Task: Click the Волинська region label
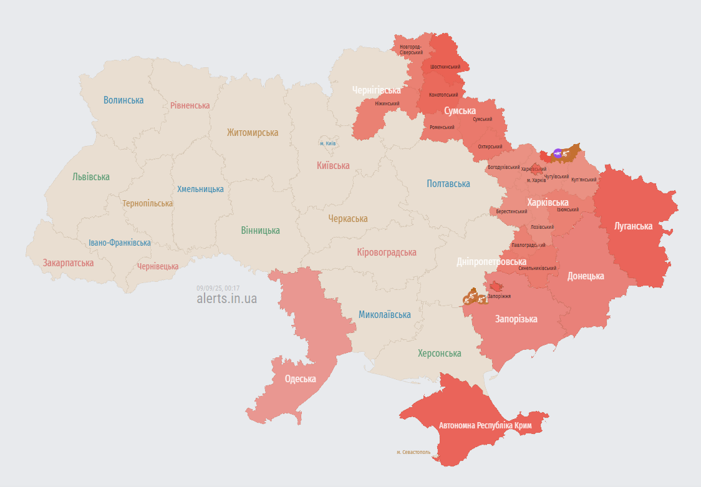click(123, 100)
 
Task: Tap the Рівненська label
click(190, 105)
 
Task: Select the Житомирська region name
click(253, 132)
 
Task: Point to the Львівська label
click(91, 176)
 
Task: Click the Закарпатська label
click(68, 263)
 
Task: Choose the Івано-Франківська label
click(120, 243)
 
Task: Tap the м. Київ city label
click(328, 143)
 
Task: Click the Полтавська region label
click(448, 183)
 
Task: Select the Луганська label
click(633, 226)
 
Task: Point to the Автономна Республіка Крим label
click(485, 425)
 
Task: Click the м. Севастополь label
click(413, 452)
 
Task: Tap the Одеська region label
click(300, 379)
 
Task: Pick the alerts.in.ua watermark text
click(226, 299)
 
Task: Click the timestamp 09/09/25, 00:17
click(218, 288)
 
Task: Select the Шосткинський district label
click(445, 67)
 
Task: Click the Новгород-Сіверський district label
click(411, 49)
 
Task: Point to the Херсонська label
click(440, 353)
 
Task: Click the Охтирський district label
click(490, 147)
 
